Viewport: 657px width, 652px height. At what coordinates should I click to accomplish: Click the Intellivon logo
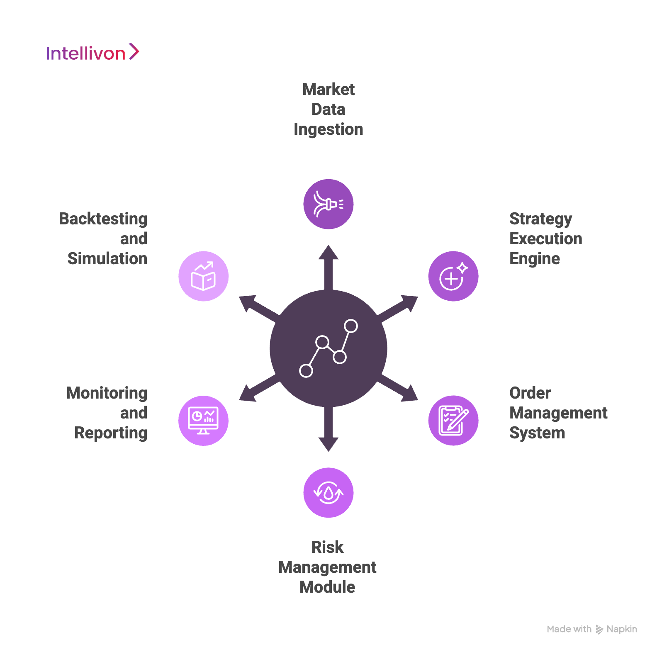tap(92, 53)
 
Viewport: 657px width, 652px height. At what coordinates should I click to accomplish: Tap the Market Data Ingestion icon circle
tap(328, 204)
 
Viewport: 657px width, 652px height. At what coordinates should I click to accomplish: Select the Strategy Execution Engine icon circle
tap(453, 276)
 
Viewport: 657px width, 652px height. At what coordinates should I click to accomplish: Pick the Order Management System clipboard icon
tap(453, 421)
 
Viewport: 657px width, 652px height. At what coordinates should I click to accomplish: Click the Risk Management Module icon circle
tap(328, 493)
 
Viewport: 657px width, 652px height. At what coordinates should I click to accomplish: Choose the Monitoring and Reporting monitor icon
tap(203, 421)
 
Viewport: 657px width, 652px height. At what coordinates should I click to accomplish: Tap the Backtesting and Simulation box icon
tap(203, 276)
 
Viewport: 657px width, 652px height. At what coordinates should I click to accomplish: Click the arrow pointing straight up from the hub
tap(328, 265)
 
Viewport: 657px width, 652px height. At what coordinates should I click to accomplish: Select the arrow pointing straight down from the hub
tap(328, 431)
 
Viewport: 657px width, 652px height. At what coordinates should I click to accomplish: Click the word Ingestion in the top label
tap(328, 129)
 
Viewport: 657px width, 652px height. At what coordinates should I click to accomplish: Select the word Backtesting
tap(103, 219)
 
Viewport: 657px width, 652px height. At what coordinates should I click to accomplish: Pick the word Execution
tap(545, 239)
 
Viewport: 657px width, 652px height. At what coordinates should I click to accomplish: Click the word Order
tap(530, 393)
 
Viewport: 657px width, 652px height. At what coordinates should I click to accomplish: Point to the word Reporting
tap(111, 433)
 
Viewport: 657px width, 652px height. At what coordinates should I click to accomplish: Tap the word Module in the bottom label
tap(327, 587)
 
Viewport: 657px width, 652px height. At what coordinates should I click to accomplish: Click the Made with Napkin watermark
tap(591, 629)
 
